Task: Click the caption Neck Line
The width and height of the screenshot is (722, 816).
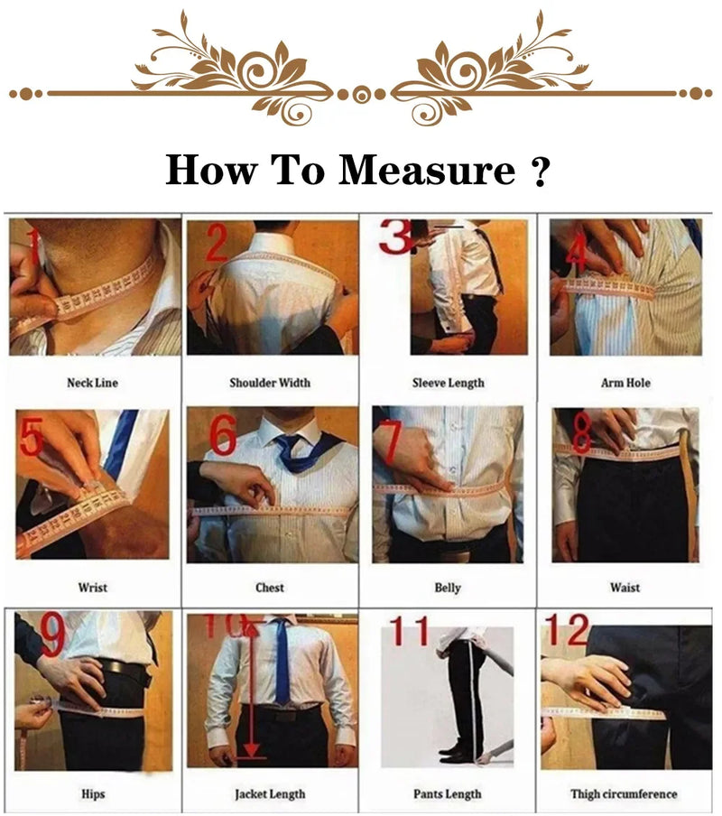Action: click(92, 383)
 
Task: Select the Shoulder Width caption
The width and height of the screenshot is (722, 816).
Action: click(269, 383)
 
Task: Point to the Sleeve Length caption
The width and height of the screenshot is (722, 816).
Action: click(448, 383)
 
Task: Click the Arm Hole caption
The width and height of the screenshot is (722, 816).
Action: click(625, 383)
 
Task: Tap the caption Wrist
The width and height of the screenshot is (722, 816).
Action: click(92, 588)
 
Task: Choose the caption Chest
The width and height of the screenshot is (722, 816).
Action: click(269, 588)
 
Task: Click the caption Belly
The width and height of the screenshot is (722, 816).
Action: click(448, 588)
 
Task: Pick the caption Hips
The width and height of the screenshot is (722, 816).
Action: click(92, 794)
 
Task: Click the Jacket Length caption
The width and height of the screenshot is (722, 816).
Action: click(269, 794)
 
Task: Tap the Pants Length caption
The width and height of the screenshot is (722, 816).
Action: click(448, 794)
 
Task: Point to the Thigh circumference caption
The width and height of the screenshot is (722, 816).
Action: click(624, 794)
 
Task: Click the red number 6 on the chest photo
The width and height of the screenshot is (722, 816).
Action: click(223, 436)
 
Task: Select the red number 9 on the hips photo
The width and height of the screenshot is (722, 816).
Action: click(52, 635)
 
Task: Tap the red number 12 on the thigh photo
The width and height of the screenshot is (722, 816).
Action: click(566, 629)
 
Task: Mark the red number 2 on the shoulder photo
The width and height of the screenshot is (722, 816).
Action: click(217, 244)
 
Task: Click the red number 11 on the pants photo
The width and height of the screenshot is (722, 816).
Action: click(411, 632)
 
